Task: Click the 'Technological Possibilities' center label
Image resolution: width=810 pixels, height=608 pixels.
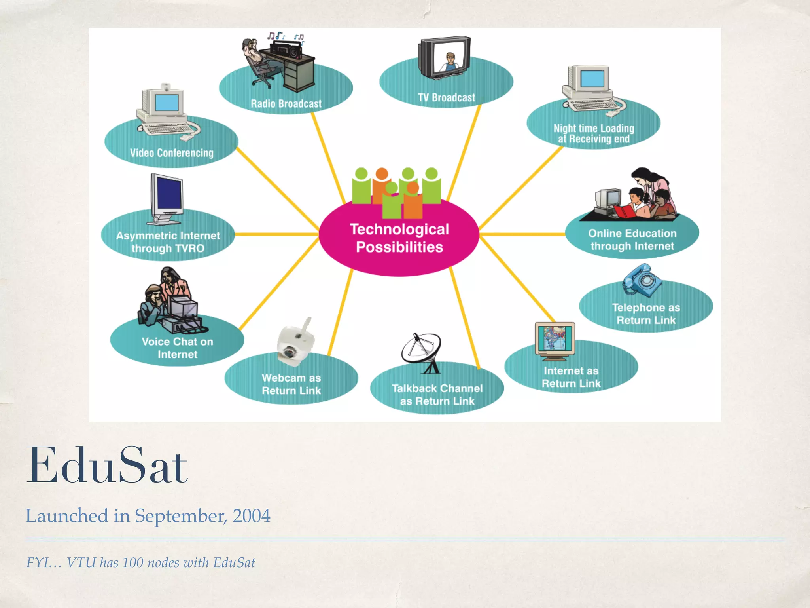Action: coord(399,238)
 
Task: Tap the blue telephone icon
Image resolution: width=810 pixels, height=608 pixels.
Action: coord(642,280)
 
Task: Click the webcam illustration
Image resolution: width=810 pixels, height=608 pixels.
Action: coord(295,343)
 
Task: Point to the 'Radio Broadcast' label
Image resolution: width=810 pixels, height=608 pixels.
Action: coord(286,104)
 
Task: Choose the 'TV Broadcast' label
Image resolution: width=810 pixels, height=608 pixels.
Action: coord(446,97)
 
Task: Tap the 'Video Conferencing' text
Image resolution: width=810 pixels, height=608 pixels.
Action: coord(172,153)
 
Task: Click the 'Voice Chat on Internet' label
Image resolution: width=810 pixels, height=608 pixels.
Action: coord(177,348)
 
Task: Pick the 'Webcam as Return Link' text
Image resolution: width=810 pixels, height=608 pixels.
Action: coord(291,384)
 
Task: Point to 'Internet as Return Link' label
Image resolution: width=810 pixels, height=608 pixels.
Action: coord(571,377)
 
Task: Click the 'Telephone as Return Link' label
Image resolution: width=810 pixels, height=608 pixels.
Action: coord(646,314)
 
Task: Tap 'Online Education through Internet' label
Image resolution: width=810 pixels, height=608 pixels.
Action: coord(632,240)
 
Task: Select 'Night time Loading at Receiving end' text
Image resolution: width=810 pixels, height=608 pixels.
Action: coord(593,134)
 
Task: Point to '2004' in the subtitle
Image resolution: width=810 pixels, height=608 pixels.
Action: coord(252,516)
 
